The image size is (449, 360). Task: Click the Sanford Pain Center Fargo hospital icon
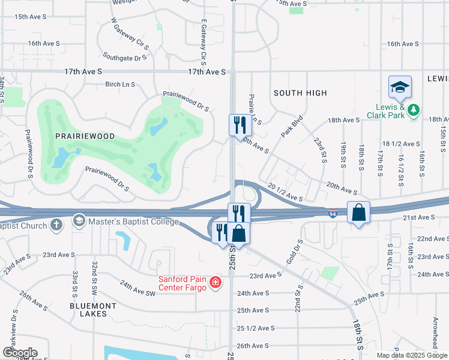[x=215, y=282]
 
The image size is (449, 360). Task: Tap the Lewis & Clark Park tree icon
[x=414, y=110]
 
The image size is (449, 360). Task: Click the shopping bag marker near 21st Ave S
[x=358, y=213]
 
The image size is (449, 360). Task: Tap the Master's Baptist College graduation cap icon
[x=79, y=222]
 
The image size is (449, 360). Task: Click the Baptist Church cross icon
[x=56, y=226]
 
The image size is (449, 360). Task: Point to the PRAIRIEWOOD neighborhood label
[x=85, y=136]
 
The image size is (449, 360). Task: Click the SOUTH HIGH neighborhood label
[x=300, y=93]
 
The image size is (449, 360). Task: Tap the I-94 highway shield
[x=333, y=213]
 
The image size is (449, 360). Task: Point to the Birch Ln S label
[x=120, y=85]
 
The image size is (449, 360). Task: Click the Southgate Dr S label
[x=124, y=58]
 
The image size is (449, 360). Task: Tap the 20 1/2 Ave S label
[x=286, y=193]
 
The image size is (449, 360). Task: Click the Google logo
[x=20, y=353]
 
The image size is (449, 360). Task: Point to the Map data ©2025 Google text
[x=411, y=355]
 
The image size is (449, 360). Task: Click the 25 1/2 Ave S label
[x=256, y=328]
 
